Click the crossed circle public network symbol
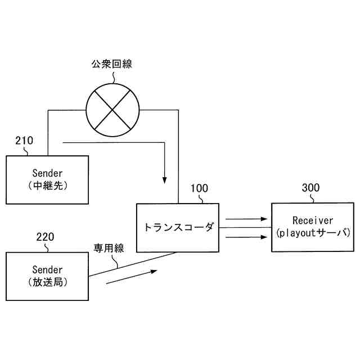click(112, 110)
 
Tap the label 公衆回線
click(112, 64)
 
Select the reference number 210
click(24, 141)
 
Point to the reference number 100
click(199, 188)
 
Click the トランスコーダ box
click(178, 228)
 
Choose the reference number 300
click(310, 188)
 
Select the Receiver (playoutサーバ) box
click(313, 227)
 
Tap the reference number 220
click(45, 236)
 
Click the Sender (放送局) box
click(47, 276)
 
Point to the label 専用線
click(109, 247)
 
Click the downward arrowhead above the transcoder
click(164, 180)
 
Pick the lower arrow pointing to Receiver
click(246, 237)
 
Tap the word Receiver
click(313, 220)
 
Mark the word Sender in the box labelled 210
click(47, 173)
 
